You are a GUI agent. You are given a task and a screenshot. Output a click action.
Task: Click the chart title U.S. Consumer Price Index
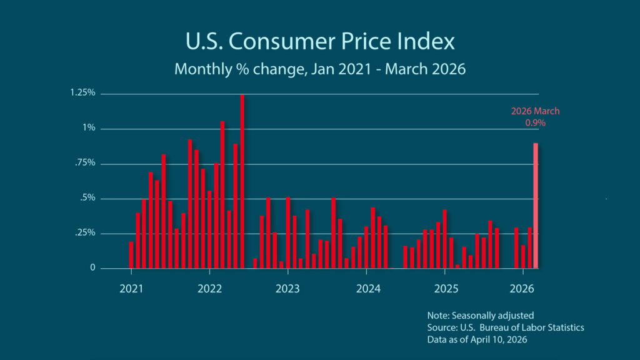pos(320,41)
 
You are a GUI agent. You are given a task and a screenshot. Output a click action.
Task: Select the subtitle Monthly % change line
pos(320,69)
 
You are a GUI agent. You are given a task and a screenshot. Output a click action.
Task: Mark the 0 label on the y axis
pos(92,268)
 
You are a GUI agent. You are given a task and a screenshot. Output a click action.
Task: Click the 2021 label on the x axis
pos(131,289)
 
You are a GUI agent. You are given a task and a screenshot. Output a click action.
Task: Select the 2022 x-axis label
pos(209,289)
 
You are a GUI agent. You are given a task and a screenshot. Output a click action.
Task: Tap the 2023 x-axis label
pos(287,289)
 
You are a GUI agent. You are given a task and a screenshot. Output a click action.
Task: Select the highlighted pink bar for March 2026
pos(536,206)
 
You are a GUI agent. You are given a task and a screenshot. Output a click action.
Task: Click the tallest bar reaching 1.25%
pos(242,181)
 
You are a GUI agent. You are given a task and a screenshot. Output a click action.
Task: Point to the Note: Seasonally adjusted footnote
pos(481,315)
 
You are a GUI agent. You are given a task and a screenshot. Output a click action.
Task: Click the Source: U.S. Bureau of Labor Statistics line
pos(505,327)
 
